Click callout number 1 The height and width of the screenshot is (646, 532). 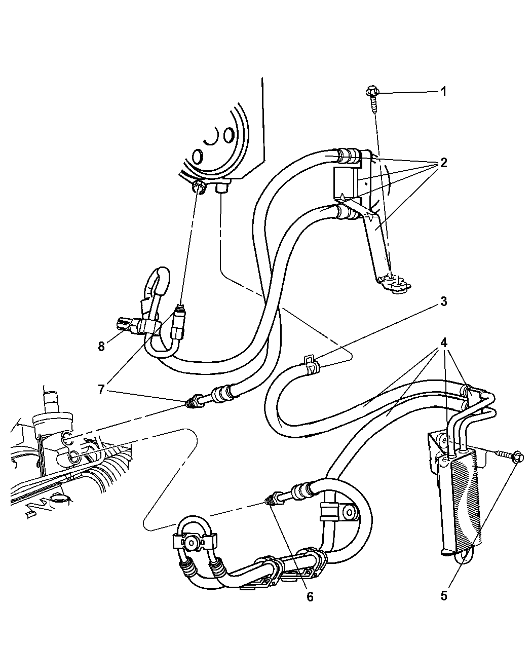click(x=443, y=92)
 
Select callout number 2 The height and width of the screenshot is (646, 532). click(x=443, y=163)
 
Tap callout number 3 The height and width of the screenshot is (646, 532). click(x=443, y=301)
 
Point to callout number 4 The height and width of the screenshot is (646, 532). click(x=443, y=343)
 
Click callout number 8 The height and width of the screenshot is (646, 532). click(x=101, y=347)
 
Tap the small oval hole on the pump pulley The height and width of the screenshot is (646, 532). click(x=229, y=135)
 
